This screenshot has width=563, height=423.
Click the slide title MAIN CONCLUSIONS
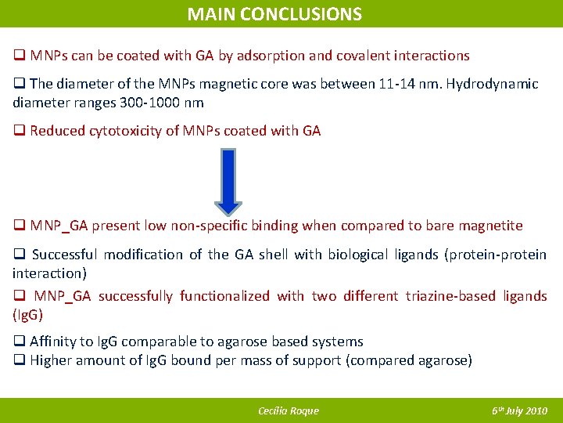[x=274, y=14]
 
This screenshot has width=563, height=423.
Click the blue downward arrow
[x=228, y=181]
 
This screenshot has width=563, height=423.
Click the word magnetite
[x=491, y=226]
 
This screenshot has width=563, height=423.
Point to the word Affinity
[x=54, y=342]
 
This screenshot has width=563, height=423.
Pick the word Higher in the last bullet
[x=52, y=360]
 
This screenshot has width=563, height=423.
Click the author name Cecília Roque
[x=289, y=411]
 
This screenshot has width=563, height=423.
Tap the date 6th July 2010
[x=519, y=411]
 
